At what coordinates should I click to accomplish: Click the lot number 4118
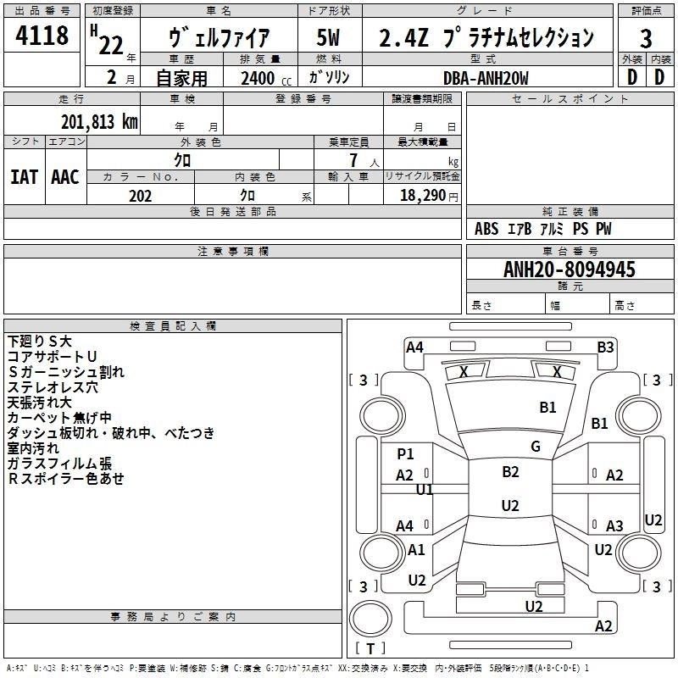[x=42, y=35]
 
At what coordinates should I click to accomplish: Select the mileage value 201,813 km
[x=99, y=122]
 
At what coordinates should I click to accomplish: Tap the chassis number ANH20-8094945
[x=570, y=270]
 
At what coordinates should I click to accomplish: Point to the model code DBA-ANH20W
[x=486, y=78]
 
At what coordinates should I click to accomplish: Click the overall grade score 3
[x=646, y=39]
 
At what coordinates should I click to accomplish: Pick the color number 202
[x=140, y=196]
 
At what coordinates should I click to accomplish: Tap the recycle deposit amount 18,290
[x=423, y=196]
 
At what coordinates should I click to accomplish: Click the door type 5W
[x=328, y=37]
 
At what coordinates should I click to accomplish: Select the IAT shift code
[x=24, y=177]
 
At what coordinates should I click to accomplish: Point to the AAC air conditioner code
[x=65, y=177]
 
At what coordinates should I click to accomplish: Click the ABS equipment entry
[x=486, y=229]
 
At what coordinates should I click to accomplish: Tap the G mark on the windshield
[x=536, y=447]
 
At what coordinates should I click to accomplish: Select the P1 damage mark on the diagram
[x=405, y=453]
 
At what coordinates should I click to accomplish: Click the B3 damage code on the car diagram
[x=605, y=347]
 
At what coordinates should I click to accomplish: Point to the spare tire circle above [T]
[x=370, y=619]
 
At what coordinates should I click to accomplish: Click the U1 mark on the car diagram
[x=425, y=490]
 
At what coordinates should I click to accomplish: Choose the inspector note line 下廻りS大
[x=39, y=342]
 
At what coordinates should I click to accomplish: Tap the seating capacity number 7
[x=353, y=160]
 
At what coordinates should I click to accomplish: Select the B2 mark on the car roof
[x=510, y=472]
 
